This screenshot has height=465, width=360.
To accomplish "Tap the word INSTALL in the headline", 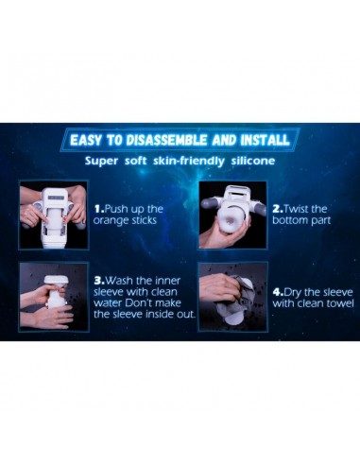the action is (x=265, y=140).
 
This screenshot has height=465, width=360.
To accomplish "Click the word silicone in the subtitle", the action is (x=253, y=161).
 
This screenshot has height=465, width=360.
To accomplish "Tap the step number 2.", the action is (x=278, y=209).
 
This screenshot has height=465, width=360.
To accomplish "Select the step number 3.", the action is (x=99, y=281).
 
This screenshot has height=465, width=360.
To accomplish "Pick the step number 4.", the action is (x=278, y=292).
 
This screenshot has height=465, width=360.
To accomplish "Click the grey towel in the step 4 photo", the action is (x=231, y=300).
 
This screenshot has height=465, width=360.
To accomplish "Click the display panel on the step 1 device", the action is (x=56, y=198).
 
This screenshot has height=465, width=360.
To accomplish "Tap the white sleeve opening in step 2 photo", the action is (x=233, y=218).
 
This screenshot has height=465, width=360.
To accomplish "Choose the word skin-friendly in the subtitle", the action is (x=189, y=162).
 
